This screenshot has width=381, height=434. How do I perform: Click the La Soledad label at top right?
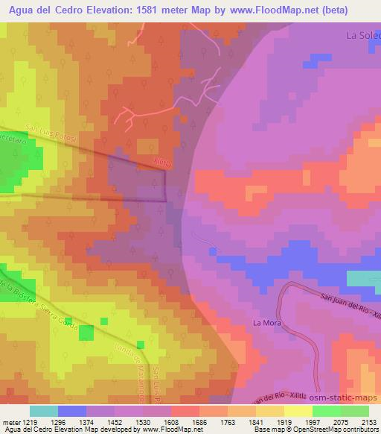(363, 35)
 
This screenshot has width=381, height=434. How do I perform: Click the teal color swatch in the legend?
(44, 411)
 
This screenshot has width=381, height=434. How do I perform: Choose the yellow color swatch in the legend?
(298, 411)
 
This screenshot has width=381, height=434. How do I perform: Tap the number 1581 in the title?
(170, 10)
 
